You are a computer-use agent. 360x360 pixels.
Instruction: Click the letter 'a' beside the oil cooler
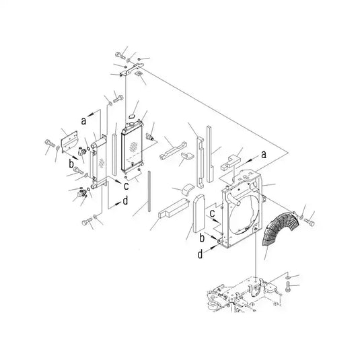pyautogui.click(x=84, y=120)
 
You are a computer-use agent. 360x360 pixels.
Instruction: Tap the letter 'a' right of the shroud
pyautogui.click(x=264, y=155)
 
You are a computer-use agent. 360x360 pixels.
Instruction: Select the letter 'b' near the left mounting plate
pyautogui.click(x=71, y=164)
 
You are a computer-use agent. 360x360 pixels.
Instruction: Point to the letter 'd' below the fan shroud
pyautogui.click(x=201, y=254)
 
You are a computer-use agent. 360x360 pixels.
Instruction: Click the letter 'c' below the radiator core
pyautogui.click(x=126, y=186)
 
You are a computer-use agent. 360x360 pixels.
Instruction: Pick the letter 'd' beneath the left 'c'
pyautogui.click(x=125, y=201)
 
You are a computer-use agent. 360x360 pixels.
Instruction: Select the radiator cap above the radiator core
pyautogui.click(x=132, y=116)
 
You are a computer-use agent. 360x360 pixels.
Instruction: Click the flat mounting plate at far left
pyautogui.click(x=69, y=142)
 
